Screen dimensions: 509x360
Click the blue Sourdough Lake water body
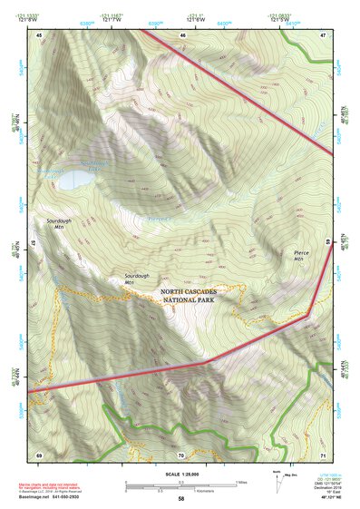73,179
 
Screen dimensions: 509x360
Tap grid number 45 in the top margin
40,34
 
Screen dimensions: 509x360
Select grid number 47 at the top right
323,34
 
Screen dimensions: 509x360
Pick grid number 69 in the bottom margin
39,455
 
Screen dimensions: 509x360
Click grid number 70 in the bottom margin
181,455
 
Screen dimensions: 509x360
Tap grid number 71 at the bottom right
323,455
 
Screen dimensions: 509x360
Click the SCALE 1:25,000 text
180,475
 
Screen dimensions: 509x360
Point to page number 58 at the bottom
180,499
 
